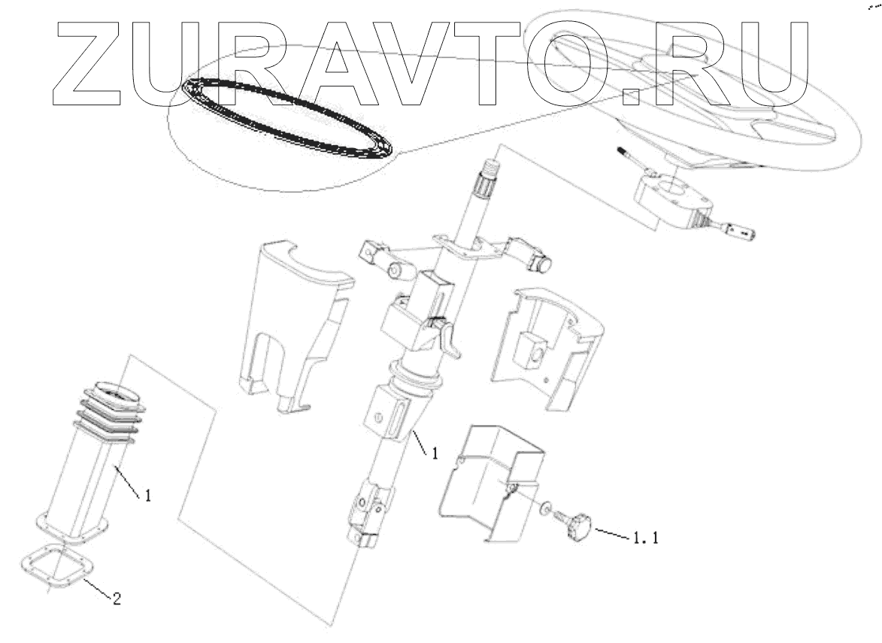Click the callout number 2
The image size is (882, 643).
coord(116,599)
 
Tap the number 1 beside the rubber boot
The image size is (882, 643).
coord(148,496)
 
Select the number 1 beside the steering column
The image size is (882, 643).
coord(433,453)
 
